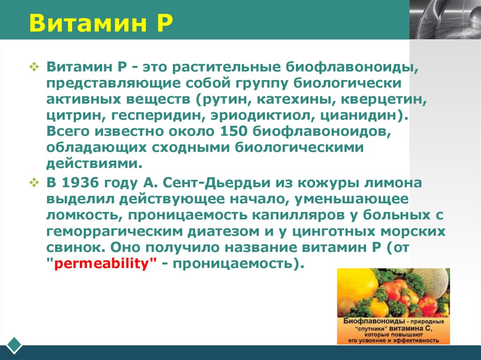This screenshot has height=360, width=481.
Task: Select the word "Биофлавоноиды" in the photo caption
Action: point(369,322)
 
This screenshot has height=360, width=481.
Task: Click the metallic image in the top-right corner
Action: point(445,19)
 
